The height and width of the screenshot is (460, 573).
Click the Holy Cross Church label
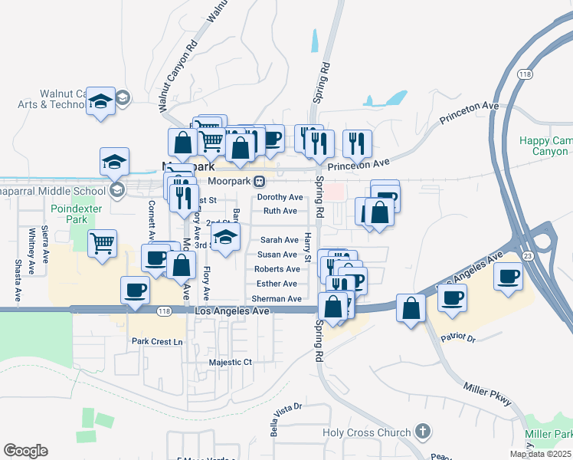[367, 433]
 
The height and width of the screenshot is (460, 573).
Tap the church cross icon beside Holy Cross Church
[421, 432]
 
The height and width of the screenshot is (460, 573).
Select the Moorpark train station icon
[260, 182]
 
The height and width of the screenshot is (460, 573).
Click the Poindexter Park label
[70, 213]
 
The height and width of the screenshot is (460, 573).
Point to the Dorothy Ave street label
[280, 197]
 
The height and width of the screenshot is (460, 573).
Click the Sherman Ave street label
[277, 298]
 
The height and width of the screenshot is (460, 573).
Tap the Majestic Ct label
[231, 362]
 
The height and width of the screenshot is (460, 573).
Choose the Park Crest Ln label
[158, 341]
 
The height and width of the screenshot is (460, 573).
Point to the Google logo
[25, 451]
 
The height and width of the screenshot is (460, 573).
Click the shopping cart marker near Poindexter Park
[102, 243]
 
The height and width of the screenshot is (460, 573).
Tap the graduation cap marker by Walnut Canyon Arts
[100, 101]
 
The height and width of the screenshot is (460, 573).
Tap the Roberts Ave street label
[277, 269]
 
